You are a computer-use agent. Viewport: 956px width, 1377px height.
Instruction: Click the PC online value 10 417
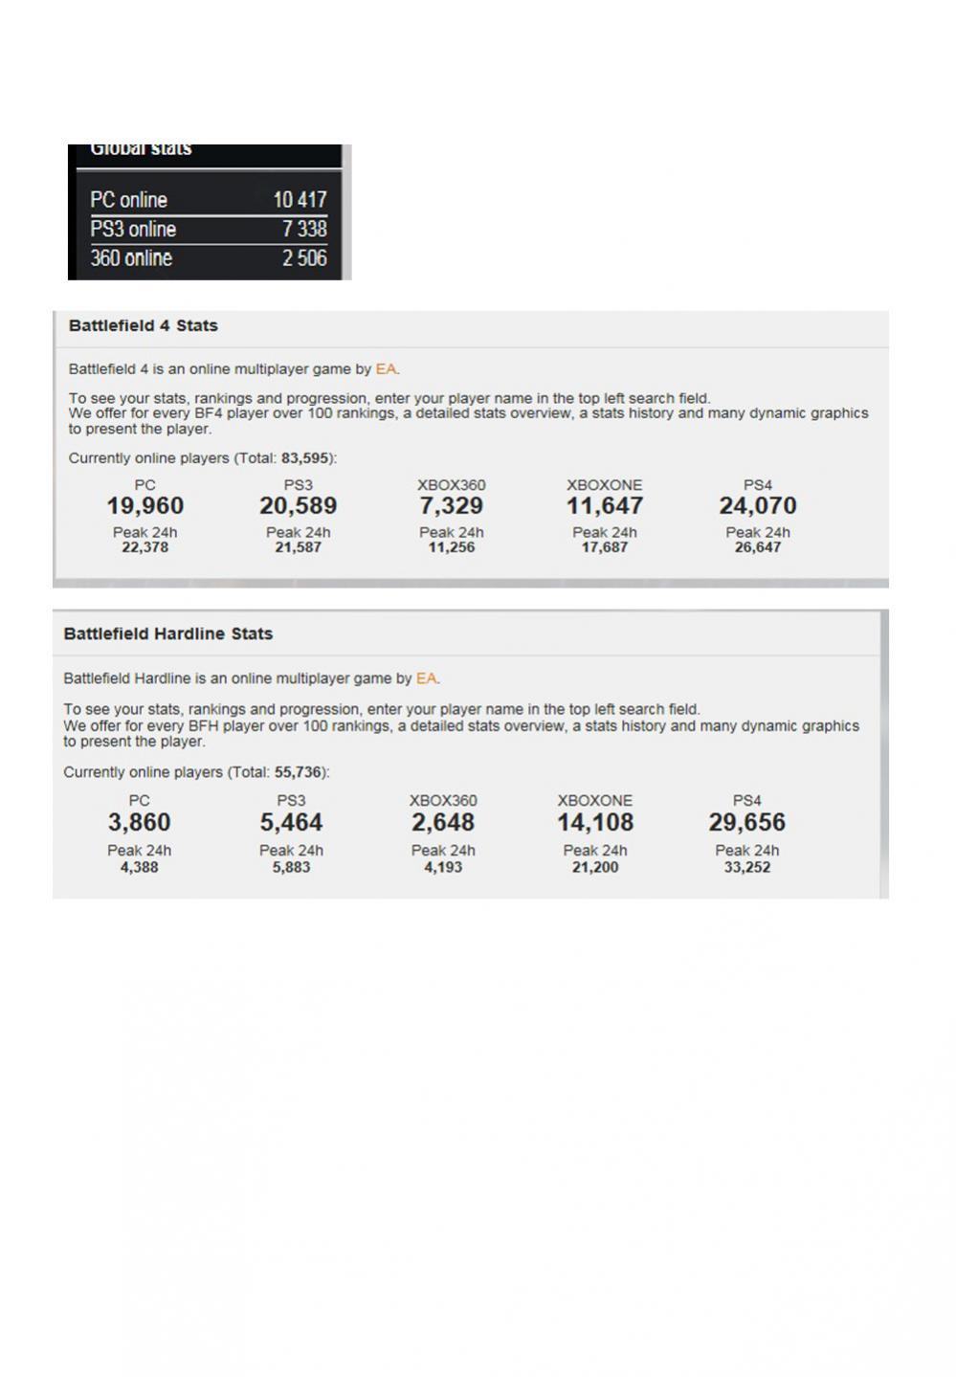(x=300, y=200)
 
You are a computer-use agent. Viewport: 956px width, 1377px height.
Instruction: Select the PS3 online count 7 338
(x=304, y=229)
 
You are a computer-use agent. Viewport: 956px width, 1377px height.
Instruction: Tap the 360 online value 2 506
(x=304, y=258)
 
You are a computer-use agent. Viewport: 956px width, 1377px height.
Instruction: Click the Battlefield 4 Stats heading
(x=144, y=325)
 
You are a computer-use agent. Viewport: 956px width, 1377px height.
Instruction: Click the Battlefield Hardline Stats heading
(x=168, y=633)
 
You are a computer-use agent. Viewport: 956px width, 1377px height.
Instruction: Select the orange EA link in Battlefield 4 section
(x=386, y=368)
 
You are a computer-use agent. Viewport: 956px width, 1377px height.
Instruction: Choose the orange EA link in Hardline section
(x=426, y=678)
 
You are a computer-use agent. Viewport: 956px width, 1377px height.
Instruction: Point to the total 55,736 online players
(x=299, y=772)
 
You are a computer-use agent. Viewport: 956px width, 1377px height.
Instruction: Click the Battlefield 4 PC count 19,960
(x=145, y=505)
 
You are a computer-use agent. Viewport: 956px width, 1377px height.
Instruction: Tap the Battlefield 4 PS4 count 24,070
(x=757, y=505)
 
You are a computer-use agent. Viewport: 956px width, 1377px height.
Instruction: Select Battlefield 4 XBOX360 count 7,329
(x=451, y=505)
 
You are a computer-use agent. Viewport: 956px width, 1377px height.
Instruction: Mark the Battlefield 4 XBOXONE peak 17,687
(x=605, y=547)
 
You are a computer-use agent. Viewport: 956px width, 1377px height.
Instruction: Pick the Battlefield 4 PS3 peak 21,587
(x=298, y=547)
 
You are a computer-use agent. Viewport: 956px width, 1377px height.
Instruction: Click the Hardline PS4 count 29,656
(x=746, y=822)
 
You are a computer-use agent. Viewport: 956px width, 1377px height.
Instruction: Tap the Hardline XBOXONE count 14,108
(x=595, y=822)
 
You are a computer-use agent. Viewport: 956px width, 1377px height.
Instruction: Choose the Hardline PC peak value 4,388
(x=139, y=867)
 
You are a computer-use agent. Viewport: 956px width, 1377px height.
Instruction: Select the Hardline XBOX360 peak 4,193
(x=443, y=867)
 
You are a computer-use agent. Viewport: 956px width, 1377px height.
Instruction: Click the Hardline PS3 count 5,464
(x=291, y=822)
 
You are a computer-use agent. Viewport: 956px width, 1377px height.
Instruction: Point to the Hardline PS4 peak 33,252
(x=746, y=867)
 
